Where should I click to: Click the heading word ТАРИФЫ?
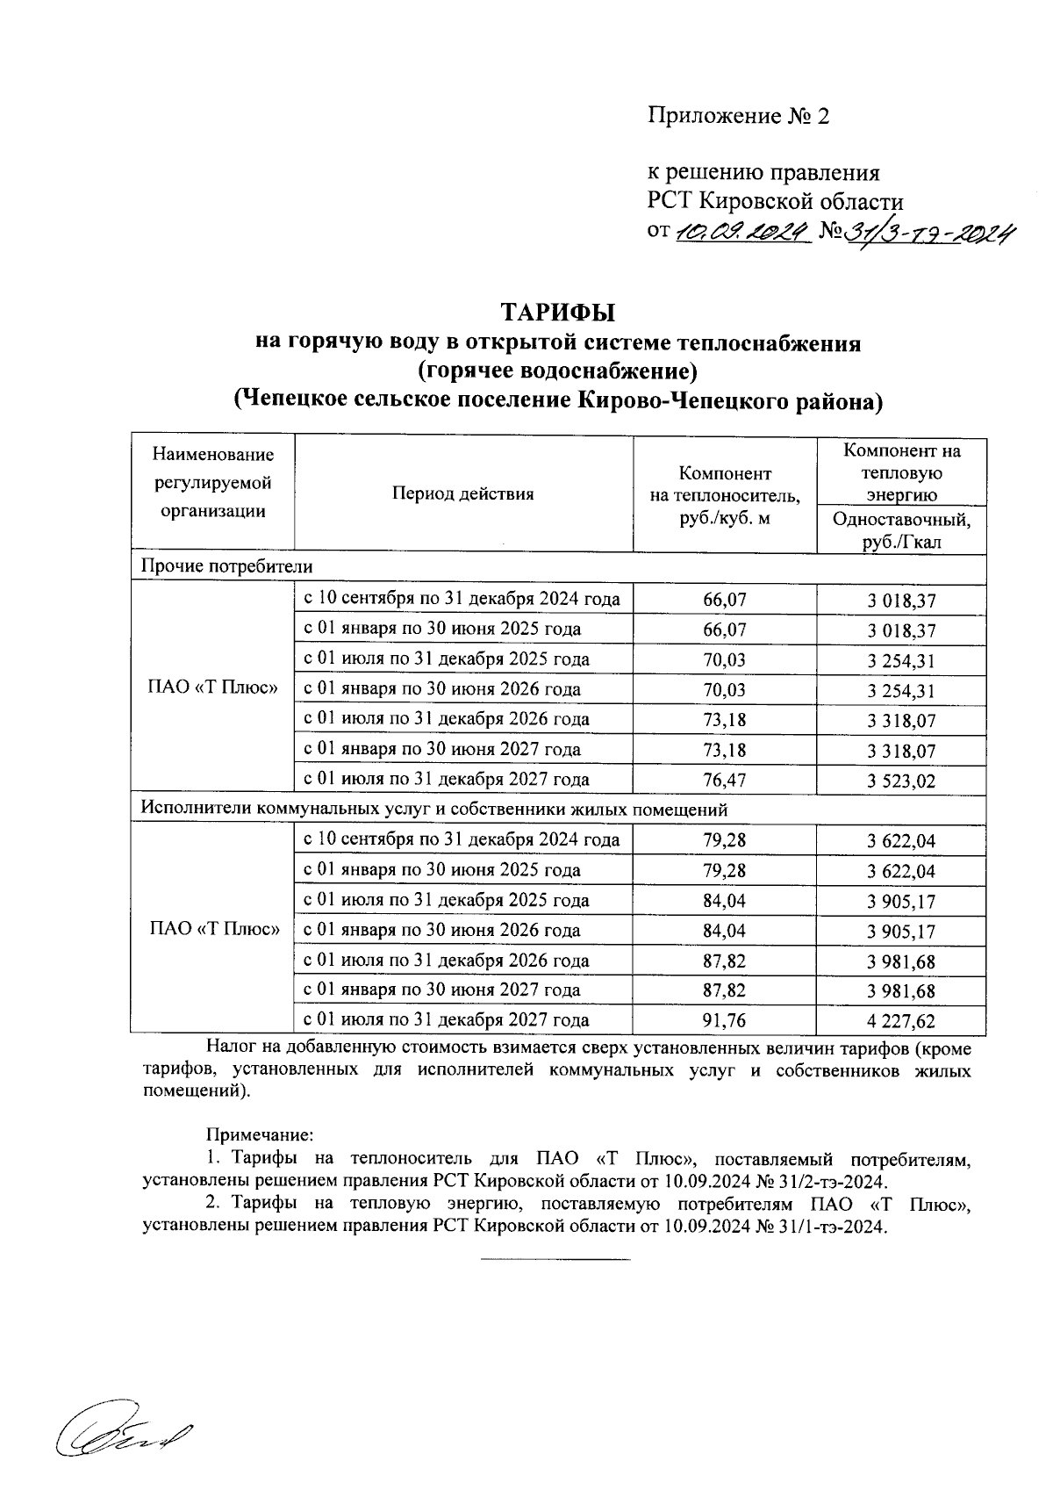coord(558,313)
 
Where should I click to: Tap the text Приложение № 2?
coord(738,116)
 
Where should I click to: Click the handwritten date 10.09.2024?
coord(741,232)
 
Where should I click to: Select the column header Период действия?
coord(463,494)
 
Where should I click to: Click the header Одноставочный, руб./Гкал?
coord(901,530)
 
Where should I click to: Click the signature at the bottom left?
coord(123,1435)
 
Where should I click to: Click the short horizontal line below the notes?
coord(555,1260)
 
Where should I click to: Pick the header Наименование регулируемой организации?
coord(213,483)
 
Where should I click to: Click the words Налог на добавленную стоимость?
coord(349,1048)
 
